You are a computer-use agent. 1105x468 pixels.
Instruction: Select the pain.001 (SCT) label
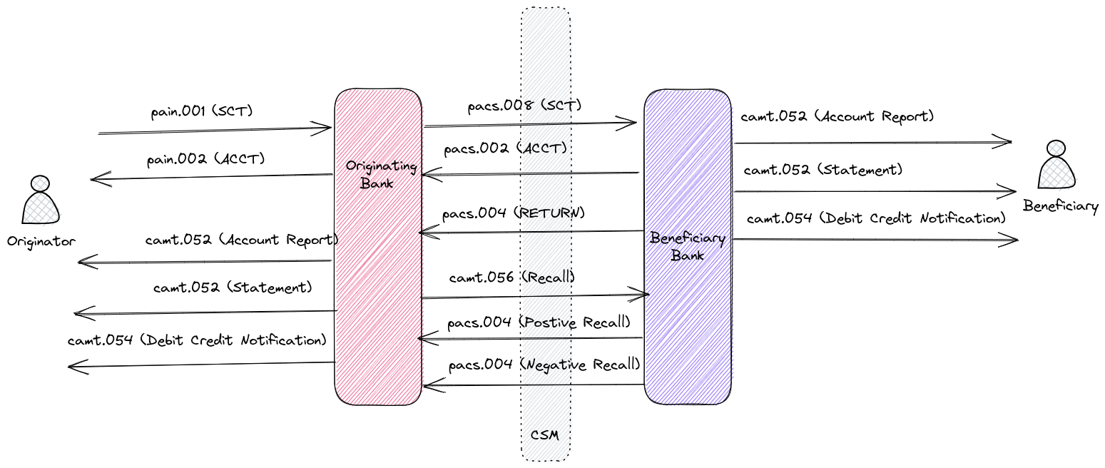202,112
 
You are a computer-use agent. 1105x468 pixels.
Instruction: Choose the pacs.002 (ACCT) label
505,150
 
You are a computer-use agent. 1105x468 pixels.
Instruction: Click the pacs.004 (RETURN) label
513,213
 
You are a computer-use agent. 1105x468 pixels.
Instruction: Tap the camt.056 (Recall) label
512,277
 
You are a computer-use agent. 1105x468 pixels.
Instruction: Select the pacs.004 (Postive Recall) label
539,322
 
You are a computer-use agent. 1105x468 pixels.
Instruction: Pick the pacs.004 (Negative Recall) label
544,365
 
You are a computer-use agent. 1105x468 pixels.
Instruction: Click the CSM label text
545,434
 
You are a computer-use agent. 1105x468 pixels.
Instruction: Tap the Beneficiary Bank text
688,247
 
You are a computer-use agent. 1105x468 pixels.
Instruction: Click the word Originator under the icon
41,241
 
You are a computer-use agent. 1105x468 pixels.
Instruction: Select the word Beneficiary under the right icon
1061,207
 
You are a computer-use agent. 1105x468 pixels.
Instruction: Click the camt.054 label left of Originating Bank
197,340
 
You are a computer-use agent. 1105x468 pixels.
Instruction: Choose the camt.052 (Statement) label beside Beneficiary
823,171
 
